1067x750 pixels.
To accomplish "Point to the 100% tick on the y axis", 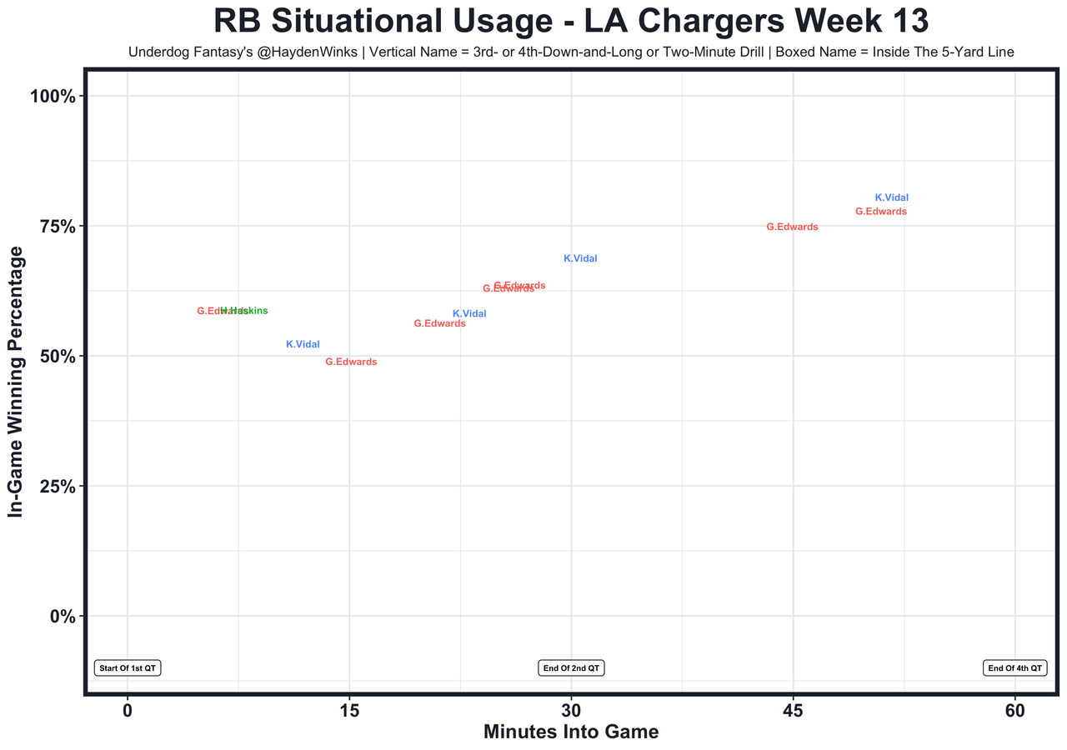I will (x=53, y=97).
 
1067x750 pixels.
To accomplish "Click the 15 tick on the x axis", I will (x=349, y=711).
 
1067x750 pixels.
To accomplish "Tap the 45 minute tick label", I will (x=793, y=711).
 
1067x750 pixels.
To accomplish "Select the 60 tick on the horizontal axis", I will (x=1014, y=711).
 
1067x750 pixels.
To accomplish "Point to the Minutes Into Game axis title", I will (x=571, y=732).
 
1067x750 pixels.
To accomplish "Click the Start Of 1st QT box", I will (x=128, y=668).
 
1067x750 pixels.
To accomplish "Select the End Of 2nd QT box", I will (x=571, y=668).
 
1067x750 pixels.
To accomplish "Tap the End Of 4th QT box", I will (x=1014, y=668).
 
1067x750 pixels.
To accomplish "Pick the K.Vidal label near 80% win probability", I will (x=891, y=197).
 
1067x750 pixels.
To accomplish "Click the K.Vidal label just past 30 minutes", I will (x=580, y=258).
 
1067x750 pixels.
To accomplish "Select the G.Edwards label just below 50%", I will (x=351, y=362).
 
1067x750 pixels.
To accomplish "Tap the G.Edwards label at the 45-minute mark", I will (x=792, y=227).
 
